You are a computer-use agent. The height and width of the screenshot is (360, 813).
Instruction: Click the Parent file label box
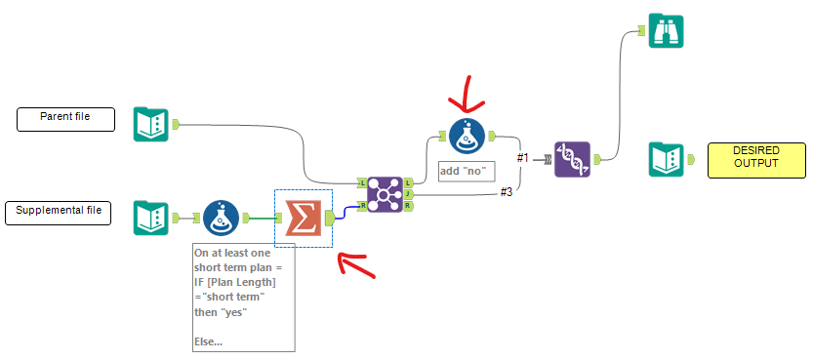pyautogui.click(x=65, y=119)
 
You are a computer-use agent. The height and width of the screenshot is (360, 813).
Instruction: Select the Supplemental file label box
pyautogui.click(x=60, y=211)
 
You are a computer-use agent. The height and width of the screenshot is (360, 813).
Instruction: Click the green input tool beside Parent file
pyautogui.click(x=151, y=124)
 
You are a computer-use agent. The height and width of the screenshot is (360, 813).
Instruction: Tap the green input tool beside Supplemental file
pyautogui.click(x=151, y=217)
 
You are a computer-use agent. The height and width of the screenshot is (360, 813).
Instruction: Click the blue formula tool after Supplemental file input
pyautogui.click(x=222, y=217)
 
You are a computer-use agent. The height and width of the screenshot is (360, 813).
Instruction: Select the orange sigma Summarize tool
pyautogui.click(x=303, y=217)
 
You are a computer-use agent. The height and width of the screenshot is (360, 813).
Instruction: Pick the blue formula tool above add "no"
pyautogui.click(x=467, y=136)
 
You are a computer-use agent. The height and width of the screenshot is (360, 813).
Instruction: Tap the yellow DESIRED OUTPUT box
pyautogui.click(x=757, y=159)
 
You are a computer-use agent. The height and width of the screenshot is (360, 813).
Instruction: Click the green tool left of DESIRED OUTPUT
pyautogui.click(x=668, y=159)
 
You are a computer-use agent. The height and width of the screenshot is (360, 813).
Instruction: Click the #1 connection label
pyautogui.click(x=523, y=157)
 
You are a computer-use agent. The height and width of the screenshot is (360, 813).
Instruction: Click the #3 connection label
pyautogui.click(x=507, y=191)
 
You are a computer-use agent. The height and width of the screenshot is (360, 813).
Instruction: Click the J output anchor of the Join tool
pyautogui.click(x=408, y=194)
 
